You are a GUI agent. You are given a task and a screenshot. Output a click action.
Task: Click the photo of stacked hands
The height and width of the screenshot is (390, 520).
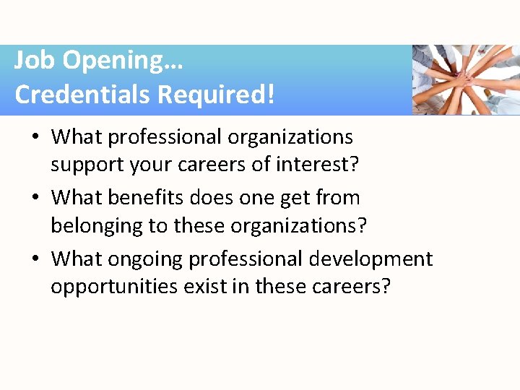[466, 79]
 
